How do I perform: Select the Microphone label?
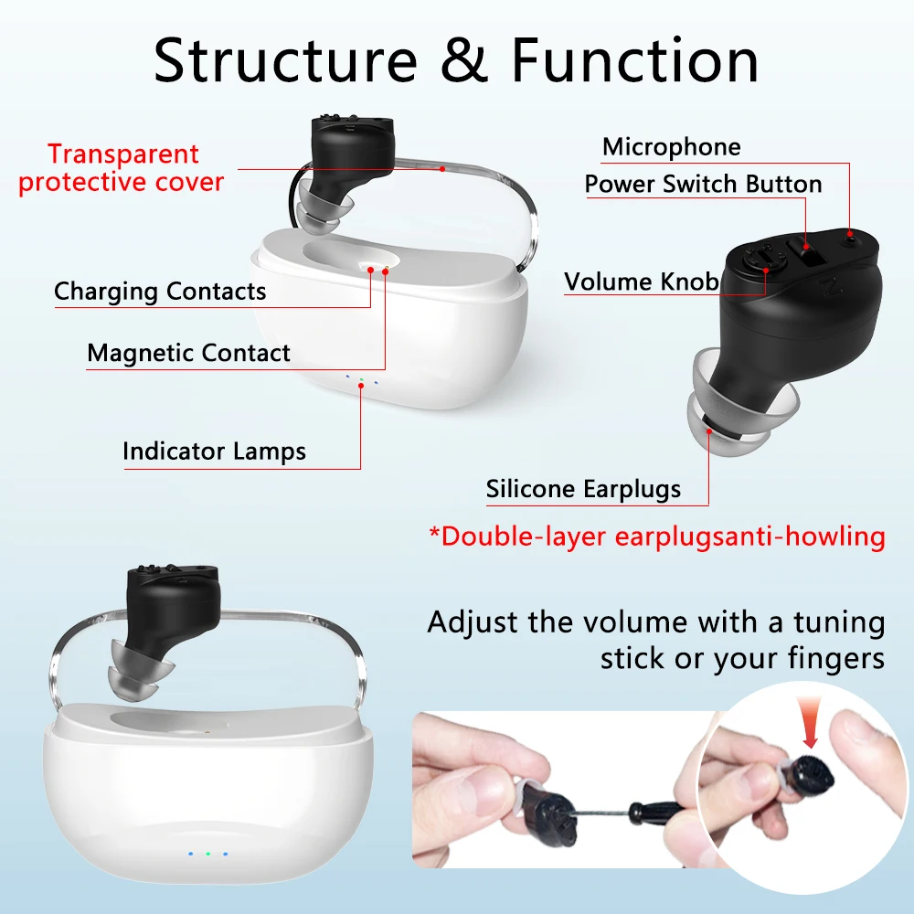click(x=671, y=147)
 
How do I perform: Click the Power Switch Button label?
click(x=703, y=184)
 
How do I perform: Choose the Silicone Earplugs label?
click(x=583, y=489)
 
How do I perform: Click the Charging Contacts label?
click(x=160, y=292)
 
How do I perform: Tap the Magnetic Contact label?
click(x=188, y=353)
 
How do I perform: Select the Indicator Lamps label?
click(x=214, y=451)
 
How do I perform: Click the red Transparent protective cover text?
click(x=122, y=168)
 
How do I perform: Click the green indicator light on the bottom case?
click(x=207, y=854)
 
